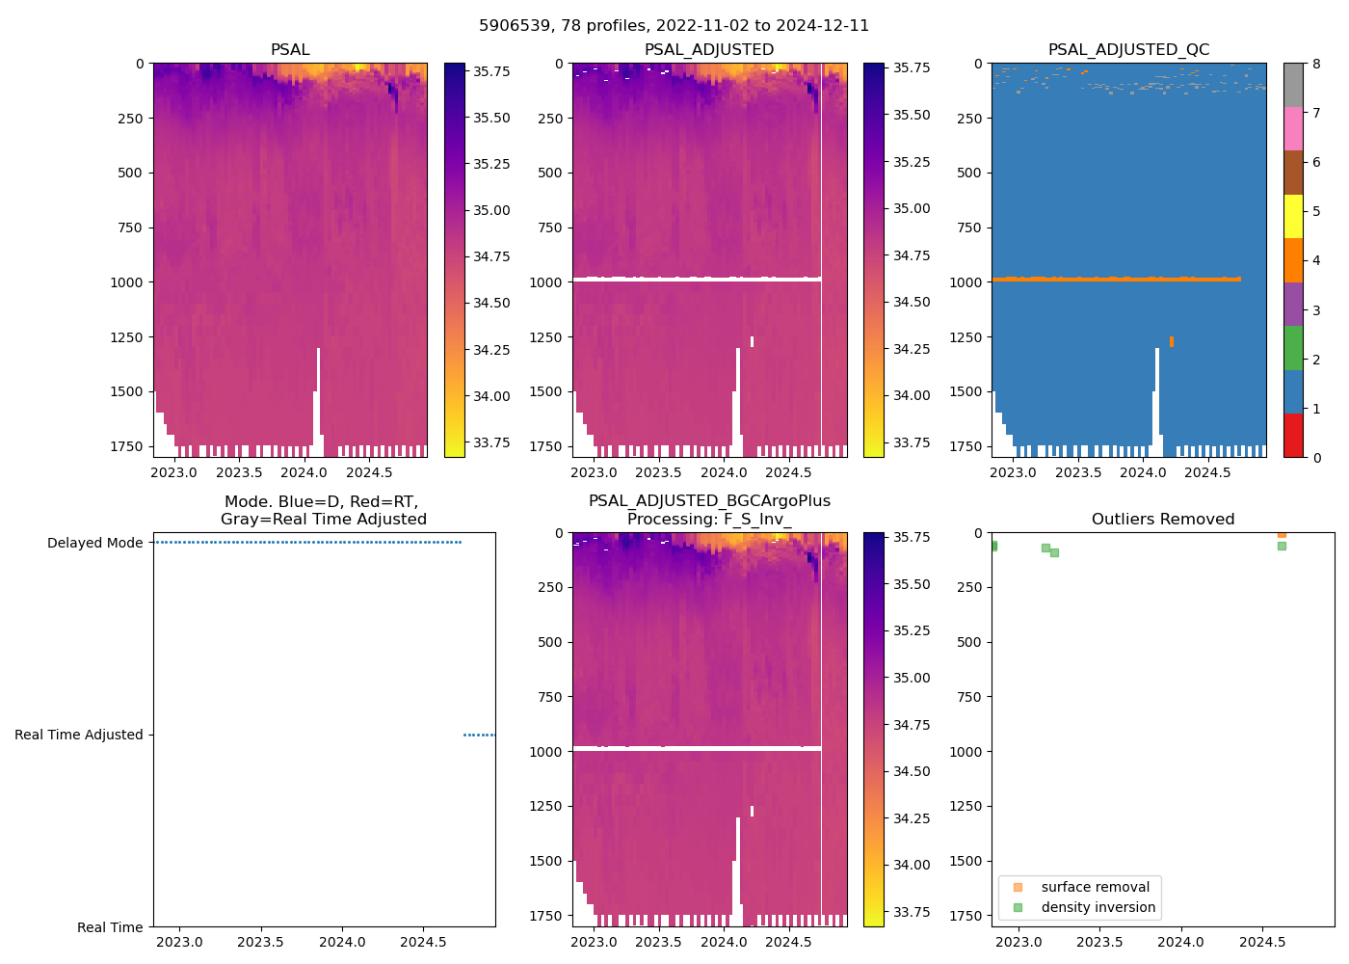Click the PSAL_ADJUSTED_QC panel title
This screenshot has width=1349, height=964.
[1128, 49]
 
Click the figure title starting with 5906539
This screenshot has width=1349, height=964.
[674, 25]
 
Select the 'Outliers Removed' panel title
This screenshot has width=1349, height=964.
[1162, 519]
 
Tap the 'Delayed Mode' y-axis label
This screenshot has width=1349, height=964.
[94, 543]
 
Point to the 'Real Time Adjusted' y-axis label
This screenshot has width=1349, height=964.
[78, 735]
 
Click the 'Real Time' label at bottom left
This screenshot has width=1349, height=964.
[110, 927]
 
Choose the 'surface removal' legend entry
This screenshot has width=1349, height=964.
[1095, 887]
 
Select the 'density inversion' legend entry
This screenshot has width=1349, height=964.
[1098, 907]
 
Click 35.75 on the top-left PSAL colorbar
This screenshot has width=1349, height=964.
[491, 71]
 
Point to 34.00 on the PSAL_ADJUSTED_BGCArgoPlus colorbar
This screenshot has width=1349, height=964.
[911, 865]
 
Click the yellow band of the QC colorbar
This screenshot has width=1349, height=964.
[1293, 217]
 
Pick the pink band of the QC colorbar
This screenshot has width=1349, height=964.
[1293, 128]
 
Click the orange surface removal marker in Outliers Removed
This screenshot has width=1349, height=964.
[1282, 533]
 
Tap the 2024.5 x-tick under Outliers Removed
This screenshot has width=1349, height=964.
[1260, 942]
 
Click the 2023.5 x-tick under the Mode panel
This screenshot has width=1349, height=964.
[259, 942]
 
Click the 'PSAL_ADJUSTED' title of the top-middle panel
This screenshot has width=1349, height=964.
[708, 49]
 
